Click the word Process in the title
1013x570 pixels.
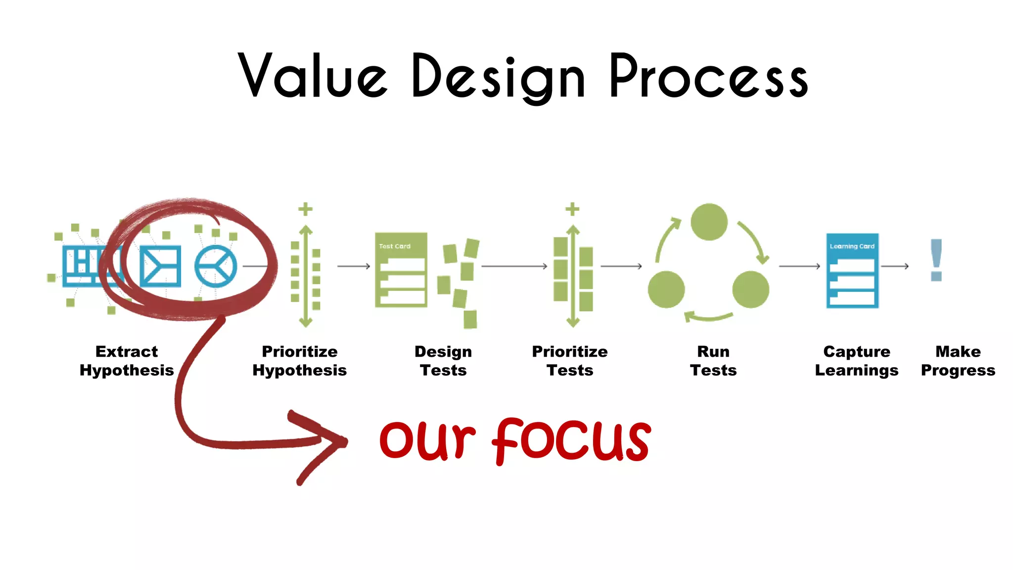point(708,77)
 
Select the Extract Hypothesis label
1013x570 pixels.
point(127,361)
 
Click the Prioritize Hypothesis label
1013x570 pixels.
point(299,361)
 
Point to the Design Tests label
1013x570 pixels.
point(443,361)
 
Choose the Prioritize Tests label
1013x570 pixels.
point(570,361)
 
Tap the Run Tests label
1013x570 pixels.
point(713,361)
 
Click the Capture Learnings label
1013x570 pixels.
point(857,361)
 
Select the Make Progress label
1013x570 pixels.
point(958,361)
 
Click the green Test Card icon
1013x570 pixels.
point(401,270)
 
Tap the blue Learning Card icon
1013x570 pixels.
point(852,271)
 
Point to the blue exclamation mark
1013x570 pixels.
point(936,260)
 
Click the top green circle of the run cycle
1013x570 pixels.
point(709,222)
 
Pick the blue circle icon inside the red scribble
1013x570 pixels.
point(215,266)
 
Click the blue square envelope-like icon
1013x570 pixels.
point(160,266)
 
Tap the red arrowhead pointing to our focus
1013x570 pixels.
point(336,440)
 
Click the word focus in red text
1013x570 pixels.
point(571,440)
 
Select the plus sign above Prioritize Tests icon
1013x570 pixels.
point(572,209)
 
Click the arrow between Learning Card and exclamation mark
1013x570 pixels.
point(895,266)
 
